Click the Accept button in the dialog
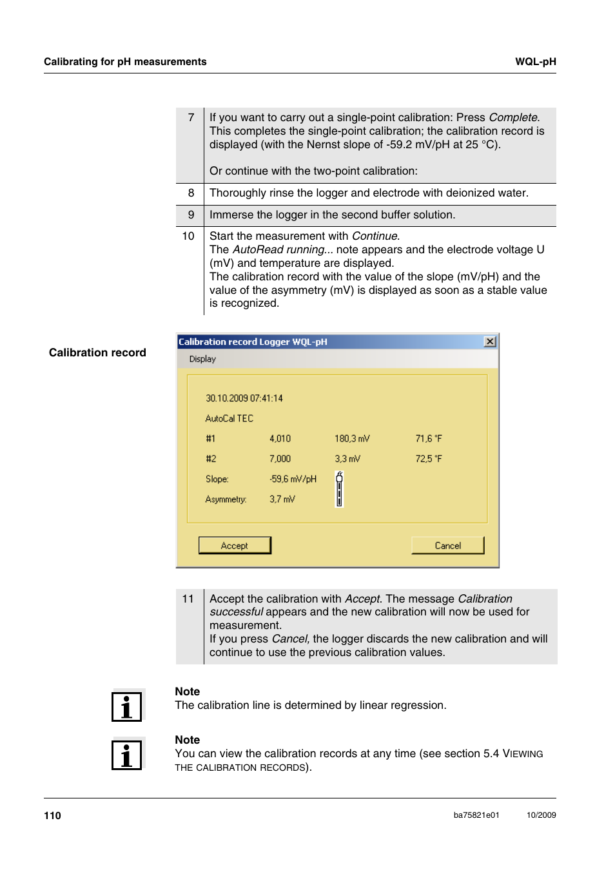(x=235, y=545)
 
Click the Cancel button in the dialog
(x=447, y=545)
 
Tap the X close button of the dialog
(x=490, y=342)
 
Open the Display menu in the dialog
(x=202, y=359)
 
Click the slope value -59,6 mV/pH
(x=293, y=479)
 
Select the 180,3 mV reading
(x=352, y=438)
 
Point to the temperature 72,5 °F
(x=429, y=459)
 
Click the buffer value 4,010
(x=280, y=438)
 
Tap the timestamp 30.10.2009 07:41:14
(x=244, y=398)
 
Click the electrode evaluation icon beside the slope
(x=339, y=489)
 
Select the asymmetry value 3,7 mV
(x=282, y=499)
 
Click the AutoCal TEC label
(x=229, y=418)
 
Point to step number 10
(x=188, y=237)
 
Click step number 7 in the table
(x=191, y=117)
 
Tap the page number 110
(x=52, y=815)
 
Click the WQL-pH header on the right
(x=535, y=62)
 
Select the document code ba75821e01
(x=476, y=815)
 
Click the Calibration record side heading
(x=97, y=353)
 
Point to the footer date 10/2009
(x=541, y=815)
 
